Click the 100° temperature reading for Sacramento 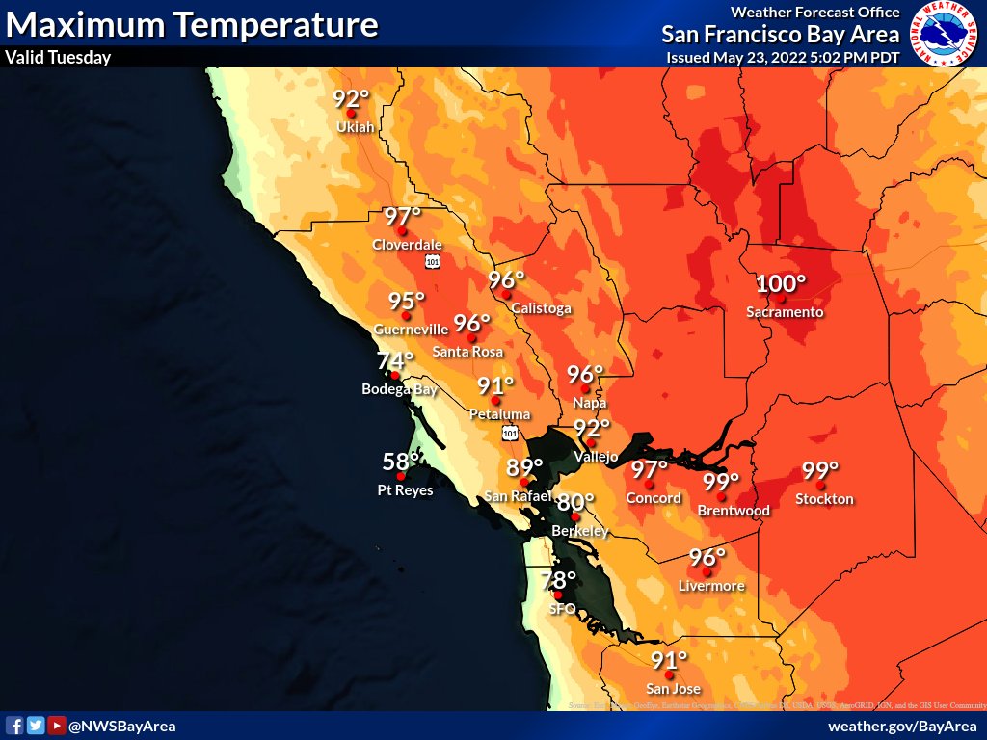point(780,284)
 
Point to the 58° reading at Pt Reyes point(400,462)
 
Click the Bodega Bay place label point(399,389)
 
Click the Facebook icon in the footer point(14,726)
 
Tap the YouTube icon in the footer point(57,726)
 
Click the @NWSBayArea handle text point(121,726)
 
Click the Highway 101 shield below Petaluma point(508,435)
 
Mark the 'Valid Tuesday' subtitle point(58,57)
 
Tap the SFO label point(562,609)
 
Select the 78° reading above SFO point(558,581)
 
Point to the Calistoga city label point(541,308)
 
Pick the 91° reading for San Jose point(669,661)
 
